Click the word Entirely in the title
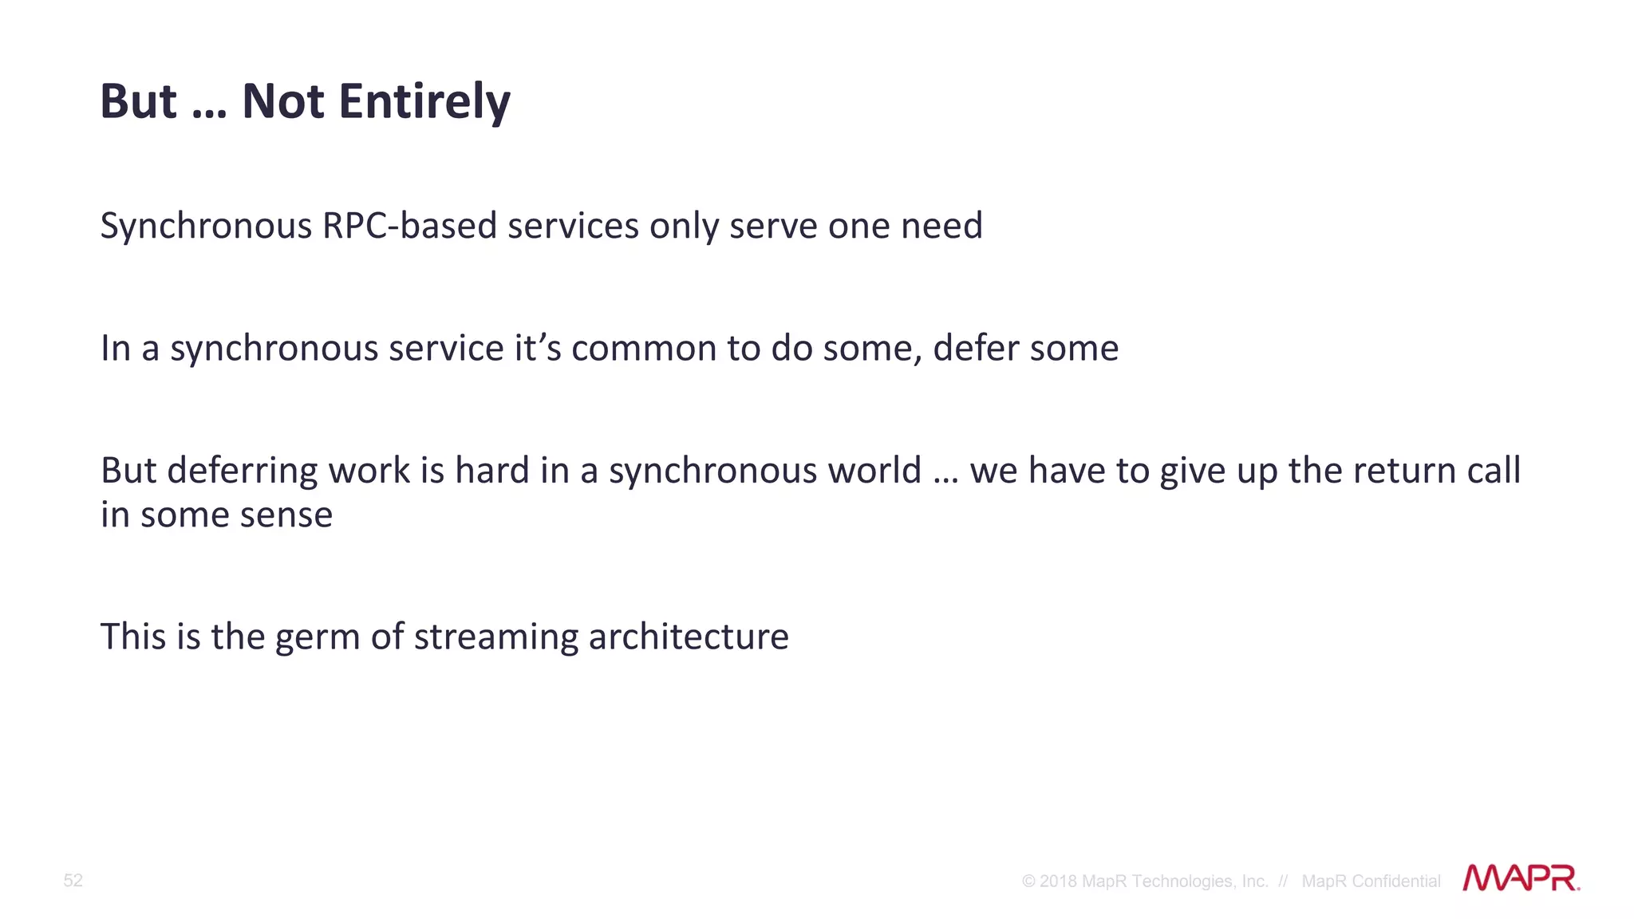424,102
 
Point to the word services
574,226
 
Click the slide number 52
73,881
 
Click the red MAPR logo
1520,878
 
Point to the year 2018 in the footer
1058,882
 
